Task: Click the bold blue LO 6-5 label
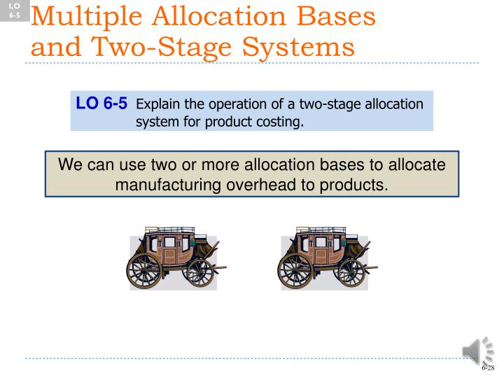tap(101, 104)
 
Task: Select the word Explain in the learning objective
tap(158, 104)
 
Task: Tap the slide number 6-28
tap(487, 367)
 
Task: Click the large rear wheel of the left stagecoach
tap(145, 268)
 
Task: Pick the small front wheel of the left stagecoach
tap(197, 272)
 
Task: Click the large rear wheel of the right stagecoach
tap(296, 268)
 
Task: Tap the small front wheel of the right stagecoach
tap(349, 272)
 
